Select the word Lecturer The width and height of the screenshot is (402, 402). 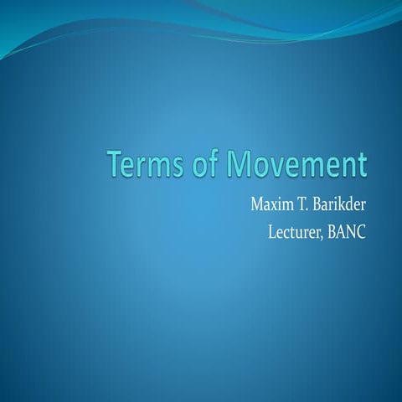[290, 229]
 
